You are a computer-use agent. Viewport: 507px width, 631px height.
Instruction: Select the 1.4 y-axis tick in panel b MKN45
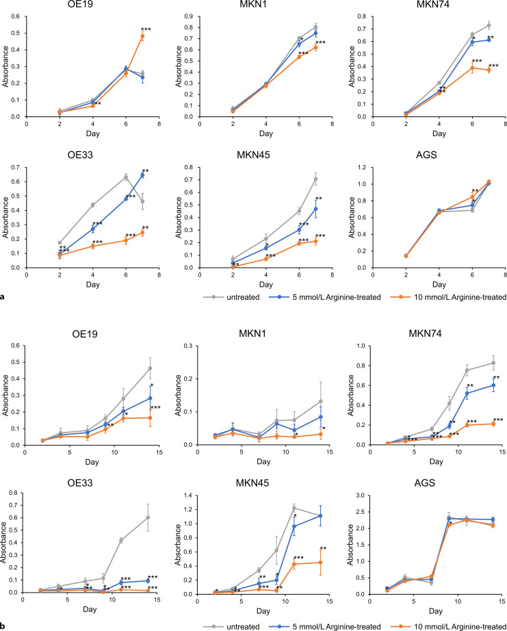[198, 493]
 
